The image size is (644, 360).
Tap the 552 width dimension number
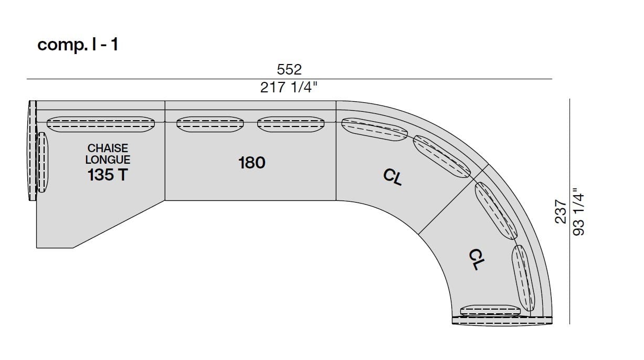(x=289, y=70)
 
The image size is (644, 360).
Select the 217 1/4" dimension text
(x=289, y=88)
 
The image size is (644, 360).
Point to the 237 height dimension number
(x=561, y=211)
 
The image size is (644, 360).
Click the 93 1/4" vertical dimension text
(x=578, y=212)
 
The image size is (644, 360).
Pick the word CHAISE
(x=108, y=149)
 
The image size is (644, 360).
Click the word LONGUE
(x=108, y=160)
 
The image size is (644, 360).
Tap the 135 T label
(x=108, y=175)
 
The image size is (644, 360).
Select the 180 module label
(x=252, y=163)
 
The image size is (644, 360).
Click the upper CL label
(x=393, y=177)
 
